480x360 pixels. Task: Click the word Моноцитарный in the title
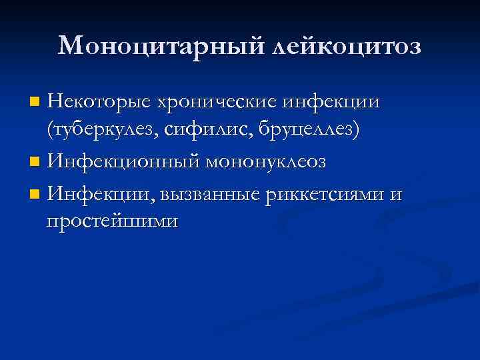[x=162, y=45]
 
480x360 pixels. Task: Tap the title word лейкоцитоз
[x=347, y=45]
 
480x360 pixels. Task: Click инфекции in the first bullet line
[x=331, y=101]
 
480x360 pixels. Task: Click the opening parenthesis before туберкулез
[x=50, y=130]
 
